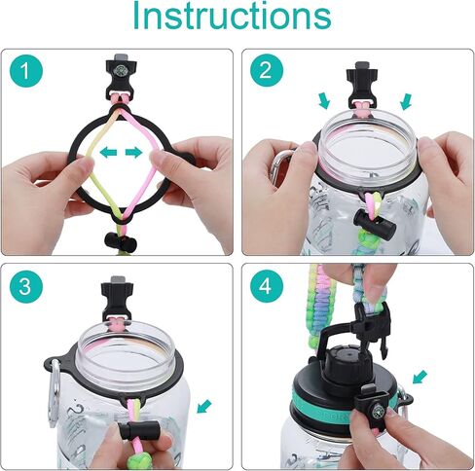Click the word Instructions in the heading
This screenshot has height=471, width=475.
point(233,16)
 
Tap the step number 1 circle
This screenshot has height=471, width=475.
point(26,70)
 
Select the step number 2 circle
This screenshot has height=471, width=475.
point(267,70)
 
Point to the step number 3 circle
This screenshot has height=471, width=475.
point(26,286)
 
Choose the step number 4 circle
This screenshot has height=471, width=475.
point(267,286)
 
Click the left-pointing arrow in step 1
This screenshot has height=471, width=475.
point(108,152)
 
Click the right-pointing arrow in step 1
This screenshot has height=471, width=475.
point(133,152)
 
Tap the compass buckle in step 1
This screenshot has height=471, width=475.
point(121,78)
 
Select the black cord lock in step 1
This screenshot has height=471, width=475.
point(121,241)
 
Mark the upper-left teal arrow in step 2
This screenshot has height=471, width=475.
point(324,101)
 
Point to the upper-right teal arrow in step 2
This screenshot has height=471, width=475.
point(406,101)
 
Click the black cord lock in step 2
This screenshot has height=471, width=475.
point(374,224)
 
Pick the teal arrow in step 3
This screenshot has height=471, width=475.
point(204,407)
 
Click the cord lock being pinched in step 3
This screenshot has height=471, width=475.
point(138,430)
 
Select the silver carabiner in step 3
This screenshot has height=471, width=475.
point(55,392)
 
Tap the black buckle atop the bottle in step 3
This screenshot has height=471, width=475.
point(117,299)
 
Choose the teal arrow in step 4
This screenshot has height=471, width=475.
point(420,378)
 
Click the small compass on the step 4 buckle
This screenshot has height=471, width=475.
point(379,412)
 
